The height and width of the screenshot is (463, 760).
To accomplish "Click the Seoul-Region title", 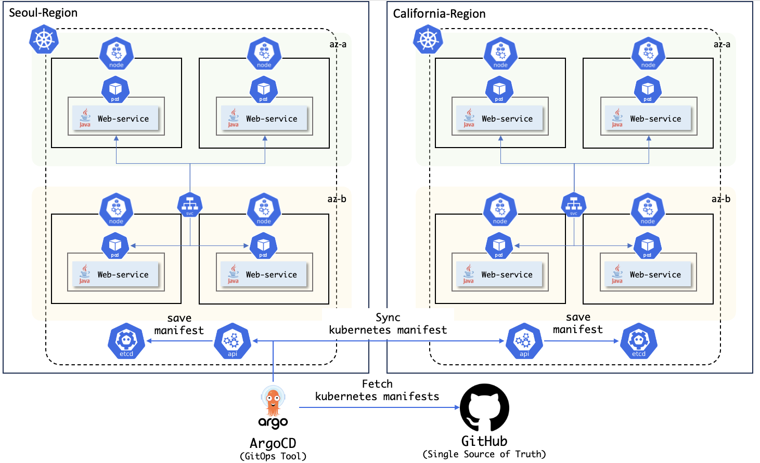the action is pos(43,13).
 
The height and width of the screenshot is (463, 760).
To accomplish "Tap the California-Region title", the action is pos(439,14).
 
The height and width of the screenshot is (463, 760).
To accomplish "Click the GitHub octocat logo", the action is pos(484,408).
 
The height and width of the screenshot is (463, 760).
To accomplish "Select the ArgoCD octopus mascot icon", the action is pos(273,401).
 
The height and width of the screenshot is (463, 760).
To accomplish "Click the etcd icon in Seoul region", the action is pos(126,341).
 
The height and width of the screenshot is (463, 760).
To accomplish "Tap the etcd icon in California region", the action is pos(639,341).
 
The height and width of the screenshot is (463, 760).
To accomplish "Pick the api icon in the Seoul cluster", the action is pos(233,341).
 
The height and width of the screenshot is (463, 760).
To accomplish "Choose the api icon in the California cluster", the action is pos(524,341).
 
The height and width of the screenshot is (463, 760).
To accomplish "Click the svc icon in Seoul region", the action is pos(190,205).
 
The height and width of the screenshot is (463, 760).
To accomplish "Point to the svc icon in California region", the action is pos(574,205).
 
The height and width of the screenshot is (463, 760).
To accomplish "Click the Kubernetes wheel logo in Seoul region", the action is pos(44,39).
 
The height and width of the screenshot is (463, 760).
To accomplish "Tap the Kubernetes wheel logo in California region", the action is pos(428,39).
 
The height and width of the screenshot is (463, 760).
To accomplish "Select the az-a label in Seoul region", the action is pos(338,44).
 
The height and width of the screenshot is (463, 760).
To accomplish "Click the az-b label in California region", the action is pos(721,199).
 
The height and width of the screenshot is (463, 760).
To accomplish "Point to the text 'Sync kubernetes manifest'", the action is pos(388,324).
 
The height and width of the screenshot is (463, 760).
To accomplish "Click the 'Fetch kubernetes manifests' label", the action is pos(377,390).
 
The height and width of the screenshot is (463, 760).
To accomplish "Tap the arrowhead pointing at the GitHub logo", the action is pos(457,407).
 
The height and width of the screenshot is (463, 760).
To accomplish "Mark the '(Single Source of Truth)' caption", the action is pos(484,454).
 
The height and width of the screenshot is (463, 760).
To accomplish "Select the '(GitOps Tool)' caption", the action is pos(273,456).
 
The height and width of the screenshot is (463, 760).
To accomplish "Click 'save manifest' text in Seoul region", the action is pos(179,324).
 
